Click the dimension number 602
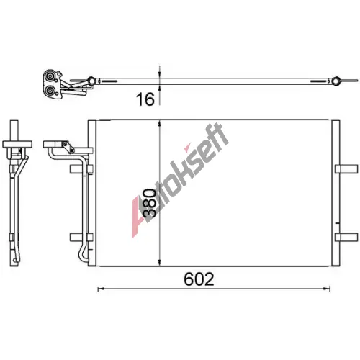(x=199, y=279)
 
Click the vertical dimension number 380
(x=149, y=203)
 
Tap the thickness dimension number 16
(x=145, y=99)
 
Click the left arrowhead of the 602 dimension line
(x=101, y=289)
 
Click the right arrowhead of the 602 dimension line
(x=328, y=289)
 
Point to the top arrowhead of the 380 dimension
(x=160, y=124)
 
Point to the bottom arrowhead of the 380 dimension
(x=160, y=262)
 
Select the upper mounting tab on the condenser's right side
(x=346, y=168)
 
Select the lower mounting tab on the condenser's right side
(x=346, y=237)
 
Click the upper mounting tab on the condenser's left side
(x=81, y=168)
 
